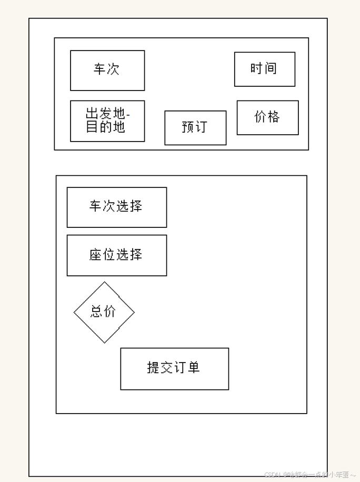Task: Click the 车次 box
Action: pos(107,71)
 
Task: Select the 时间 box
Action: pos(264,69)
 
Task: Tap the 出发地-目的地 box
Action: pos(107,121)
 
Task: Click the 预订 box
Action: pos(195,128)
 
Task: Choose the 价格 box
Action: pos(267,117)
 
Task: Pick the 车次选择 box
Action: pos(117,207)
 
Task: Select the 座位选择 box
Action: pos(117,255)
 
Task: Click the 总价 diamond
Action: pos(104,312)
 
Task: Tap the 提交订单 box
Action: pos(174,368)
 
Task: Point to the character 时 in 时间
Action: pos(257,68)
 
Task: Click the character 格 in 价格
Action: pos(274,117)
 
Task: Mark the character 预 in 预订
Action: pos(188,127)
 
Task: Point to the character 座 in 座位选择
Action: pos(95,255)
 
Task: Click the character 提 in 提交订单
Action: pos(153,367)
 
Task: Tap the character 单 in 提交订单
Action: pos(193,367)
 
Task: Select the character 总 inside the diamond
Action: pos(96,312)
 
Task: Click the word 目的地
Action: pos(105,127)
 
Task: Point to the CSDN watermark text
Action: pos(309,475)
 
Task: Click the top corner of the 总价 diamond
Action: pos(104,283)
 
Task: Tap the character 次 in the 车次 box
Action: pos(113,69)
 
